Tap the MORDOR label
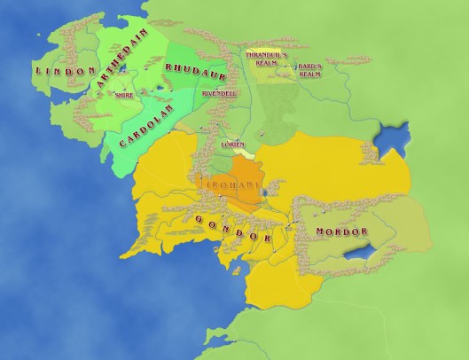(x=340, y=231)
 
